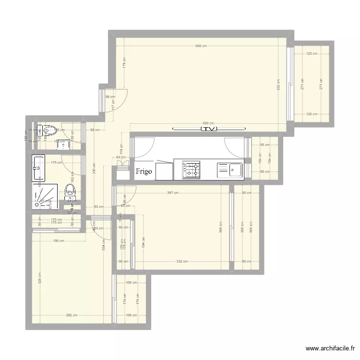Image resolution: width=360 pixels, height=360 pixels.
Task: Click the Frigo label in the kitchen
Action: (144, 171)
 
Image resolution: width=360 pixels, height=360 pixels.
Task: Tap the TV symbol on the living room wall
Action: (208, 129)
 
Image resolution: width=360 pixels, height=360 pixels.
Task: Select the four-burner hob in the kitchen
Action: (191, 169)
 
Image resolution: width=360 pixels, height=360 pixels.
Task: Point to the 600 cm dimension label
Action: (201, 46)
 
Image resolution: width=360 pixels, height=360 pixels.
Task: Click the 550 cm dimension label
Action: (208, 123)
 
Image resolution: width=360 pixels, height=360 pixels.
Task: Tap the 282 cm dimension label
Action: (72, 315)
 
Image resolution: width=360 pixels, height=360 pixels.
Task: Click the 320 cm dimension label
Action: (40, 278)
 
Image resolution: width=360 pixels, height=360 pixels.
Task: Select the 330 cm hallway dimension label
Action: (94, 168)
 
